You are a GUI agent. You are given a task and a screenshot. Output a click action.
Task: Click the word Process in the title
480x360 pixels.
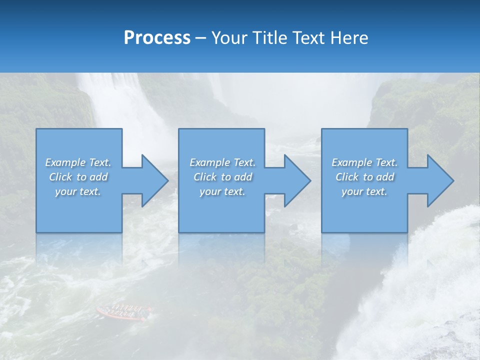[x=157, y=37]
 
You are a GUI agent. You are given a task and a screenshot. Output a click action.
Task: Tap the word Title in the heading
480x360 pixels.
[x=269, y=37]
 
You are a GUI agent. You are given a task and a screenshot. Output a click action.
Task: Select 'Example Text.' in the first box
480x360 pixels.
[x=78, y=162]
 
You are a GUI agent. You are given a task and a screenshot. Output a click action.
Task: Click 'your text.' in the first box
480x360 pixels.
[x=78, y=191]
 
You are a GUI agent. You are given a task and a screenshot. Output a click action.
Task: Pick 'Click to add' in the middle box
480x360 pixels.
[x=222, y=177]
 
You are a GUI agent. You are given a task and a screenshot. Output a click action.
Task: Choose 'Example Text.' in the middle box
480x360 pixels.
[x=222, y=162]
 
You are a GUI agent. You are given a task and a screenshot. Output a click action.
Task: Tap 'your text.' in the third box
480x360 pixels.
[x=364, y=191]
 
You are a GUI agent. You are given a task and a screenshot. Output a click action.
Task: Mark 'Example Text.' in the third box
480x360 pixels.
[x=364, y=162]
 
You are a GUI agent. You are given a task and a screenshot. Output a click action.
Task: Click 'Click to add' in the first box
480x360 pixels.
[x=78, y=177]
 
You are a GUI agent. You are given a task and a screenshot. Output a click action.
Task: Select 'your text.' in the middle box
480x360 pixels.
[x=222, y=191]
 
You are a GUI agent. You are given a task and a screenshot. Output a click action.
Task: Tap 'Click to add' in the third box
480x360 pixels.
[x=364, y=177]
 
